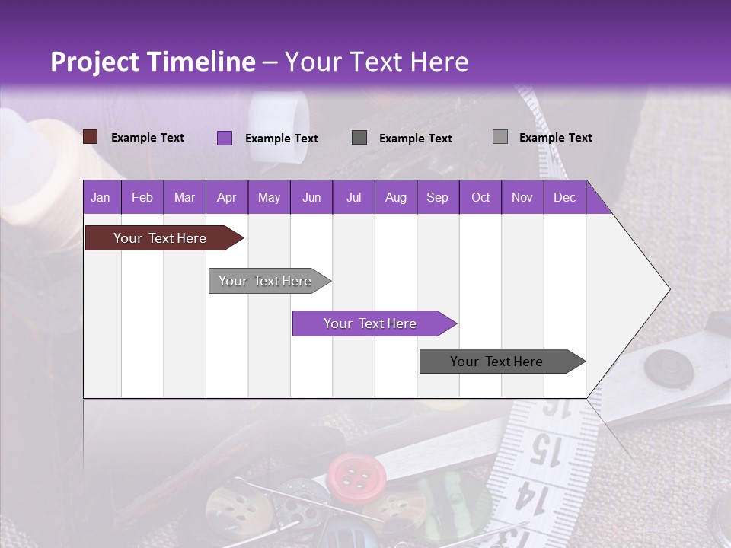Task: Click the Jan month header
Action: coord(101,197)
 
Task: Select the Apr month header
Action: coord(227,197)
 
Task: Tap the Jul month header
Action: coord(353,197)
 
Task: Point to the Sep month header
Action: coord(437,197)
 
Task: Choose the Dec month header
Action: coord(564,197)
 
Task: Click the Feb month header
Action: coord(142,197)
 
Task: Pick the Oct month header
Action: coord(480,197)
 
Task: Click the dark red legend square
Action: coord(91,137)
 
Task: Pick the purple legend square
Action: coord(225,138)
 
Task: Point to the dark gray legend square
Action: coord(359,137)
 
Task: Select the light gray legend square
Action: coord(500,137)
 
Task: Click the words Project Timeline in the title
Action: coord(152,62)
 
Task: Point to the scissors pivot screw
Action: coord(669,368)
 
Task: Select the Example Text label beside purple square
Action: coord(282,139)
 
